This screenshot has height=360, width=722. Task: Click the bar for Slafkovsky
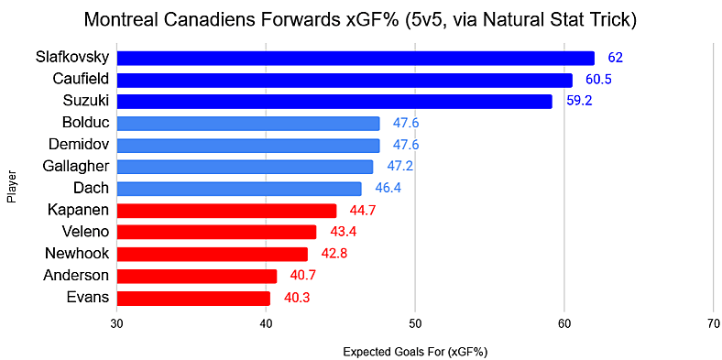point(356,58)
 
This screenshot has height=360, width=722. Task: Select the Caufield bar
point(345,80)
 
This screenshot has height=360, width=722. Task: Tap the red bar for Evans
point(193,298)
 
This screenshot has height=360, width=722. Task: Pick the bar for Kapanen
point(226,211)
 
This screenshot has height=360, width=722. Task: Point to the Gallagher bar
point(245,167)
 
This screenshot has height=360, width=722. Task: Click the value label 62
point(615,58)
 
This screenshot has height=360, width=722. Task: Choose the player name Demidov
point(77,145)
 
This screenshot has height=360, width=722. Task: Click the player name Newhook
point(77,254)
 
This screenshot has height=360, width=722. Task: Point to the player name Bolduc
point(85,123)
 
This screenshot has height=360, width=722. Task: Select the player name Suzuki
point(85,101)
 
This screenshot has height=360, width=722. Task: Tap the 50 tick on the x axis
point(415,322)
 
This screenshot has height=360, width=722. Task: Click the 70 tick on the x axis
point(713,322)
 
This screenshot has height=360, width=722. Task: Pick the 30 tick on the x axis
point(117,322)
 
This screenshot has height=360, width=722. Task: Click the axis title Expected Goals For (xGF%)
point(414,351)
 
